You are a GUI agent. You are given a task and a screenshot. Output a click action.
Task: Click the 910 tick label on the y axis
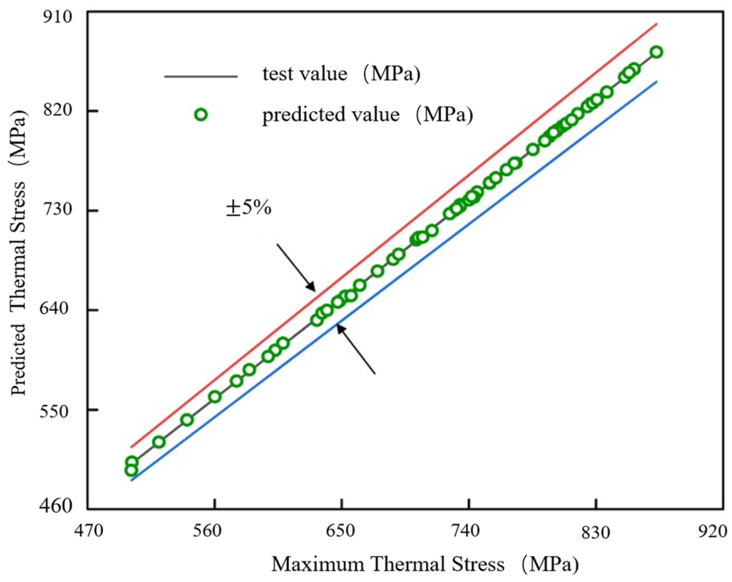pyautogui.click(x=57, y=17)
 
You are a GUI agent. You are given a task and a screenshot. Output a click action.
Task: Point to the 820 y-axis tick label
pyautogui.click(x=57, y=110)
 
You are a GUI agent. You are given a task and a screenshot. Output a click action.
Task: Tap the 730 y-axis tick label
pyautogui.click(x=57, y=210)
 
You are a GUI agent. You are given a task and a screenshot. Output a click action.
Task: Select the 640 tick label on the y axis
pyautogui.click(x=57, y=310)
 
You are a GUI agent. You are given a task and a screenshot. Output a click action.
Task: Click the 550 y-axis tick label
pyautogui.click(x=57, y=411)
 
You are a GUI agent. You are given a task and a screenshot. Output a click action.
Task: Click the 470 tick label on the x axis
pyautogui.click(x=88, y=531)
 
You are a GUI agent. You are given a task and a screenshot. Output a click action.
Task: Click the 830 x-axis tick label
pyautogui.click(x=596, y=531)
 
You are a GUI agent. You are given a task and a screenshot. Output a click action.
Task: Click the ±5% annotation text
pyautogui.click(x=249, y=208)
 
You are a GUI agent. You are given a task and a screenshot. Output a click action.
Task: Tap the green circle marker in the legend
pyautogui.click(x=201, y=115)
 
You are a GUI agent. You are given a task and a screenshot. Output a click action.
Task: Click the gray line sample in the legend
pyautogui.click(x=201, y=76)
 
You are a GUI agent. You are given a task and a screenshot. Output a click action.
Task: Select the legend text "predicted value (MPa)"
pyautogui.click(x=368, y=115)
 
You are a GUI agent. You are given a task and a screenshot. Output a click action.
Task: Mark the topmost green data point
pyautogui.click(x=657, y=52)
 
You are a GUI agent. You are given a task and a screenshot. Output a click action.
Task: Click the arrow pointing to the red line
pyautogui.click(x=296, y=267)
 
